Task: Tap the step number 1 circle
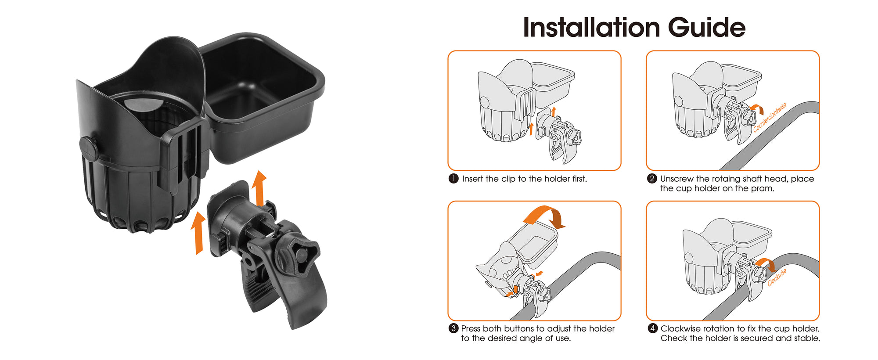[453, 179]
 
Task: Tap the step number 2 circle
[652, 179]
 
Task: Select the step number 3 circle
[453, 328]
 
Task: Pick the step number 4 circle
[652, 328]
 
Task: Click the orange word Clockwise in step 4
[777, 277]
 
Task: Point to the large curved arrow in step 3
[544, 216]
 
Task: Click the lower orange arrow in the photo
[198, 233]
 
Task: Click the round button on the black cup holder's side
[88, 148]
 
